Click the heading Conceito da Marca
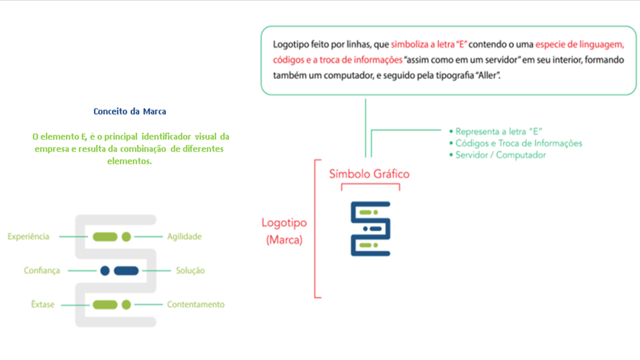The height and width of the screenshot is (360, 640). (x=129, y=111)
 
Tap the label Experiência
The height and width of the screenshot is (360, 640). (x=28, y=236)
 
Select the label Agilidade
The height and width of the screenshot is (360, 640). (x=184, y=236)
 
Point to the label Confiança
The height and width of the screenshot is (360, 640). (x=41, y=270)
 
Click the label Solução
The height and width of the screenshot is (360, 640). (x=190, y=270)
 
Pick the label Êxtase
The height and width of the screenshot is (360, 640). (x=42, y=304)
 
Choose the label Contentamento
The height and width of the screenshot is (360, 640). (x=195, y=304)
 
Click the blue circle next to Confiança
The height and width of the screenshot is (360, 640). (x=105, y=270)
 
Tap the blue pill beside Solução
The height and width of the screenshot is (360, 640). (x=126, y=270)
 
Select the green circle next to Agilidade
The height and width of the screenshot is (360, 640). (x=126, y=236)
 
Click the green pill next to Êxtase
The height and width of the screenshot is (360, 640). (x=105, y=304)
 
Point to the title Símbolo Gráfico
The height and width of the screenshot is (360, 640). (x=369, y=174)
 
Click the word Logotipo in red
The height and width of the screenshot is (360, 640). (x=284, y=223)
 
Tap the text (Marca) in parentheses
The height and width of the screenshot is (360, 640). (x=284, y=239)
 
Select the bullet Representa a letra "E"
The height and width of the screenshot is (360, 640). (x=495, y=131)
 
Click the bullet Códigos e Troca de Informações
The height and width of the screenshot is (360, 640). (x=515, y=143)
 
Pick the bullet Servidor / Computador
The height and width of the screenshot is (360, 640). (x=497, y=155)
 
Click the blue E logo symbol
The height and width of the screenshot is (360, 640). (x=370, y=229)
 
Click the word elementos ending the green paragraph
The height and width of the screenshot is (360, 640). (x=129, y=161)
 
